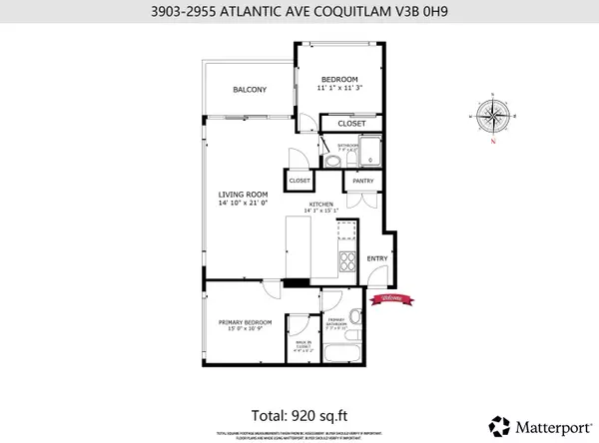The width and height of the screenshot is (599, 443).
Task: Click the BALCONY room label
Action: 250,90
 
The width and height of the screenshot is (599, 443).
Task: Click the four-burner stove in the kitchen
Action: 348,262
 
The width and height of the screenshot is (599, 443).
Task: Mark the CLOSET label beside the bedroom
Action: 350,124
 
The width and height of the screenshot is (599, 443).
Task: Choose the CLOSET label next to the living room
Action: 299,182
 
